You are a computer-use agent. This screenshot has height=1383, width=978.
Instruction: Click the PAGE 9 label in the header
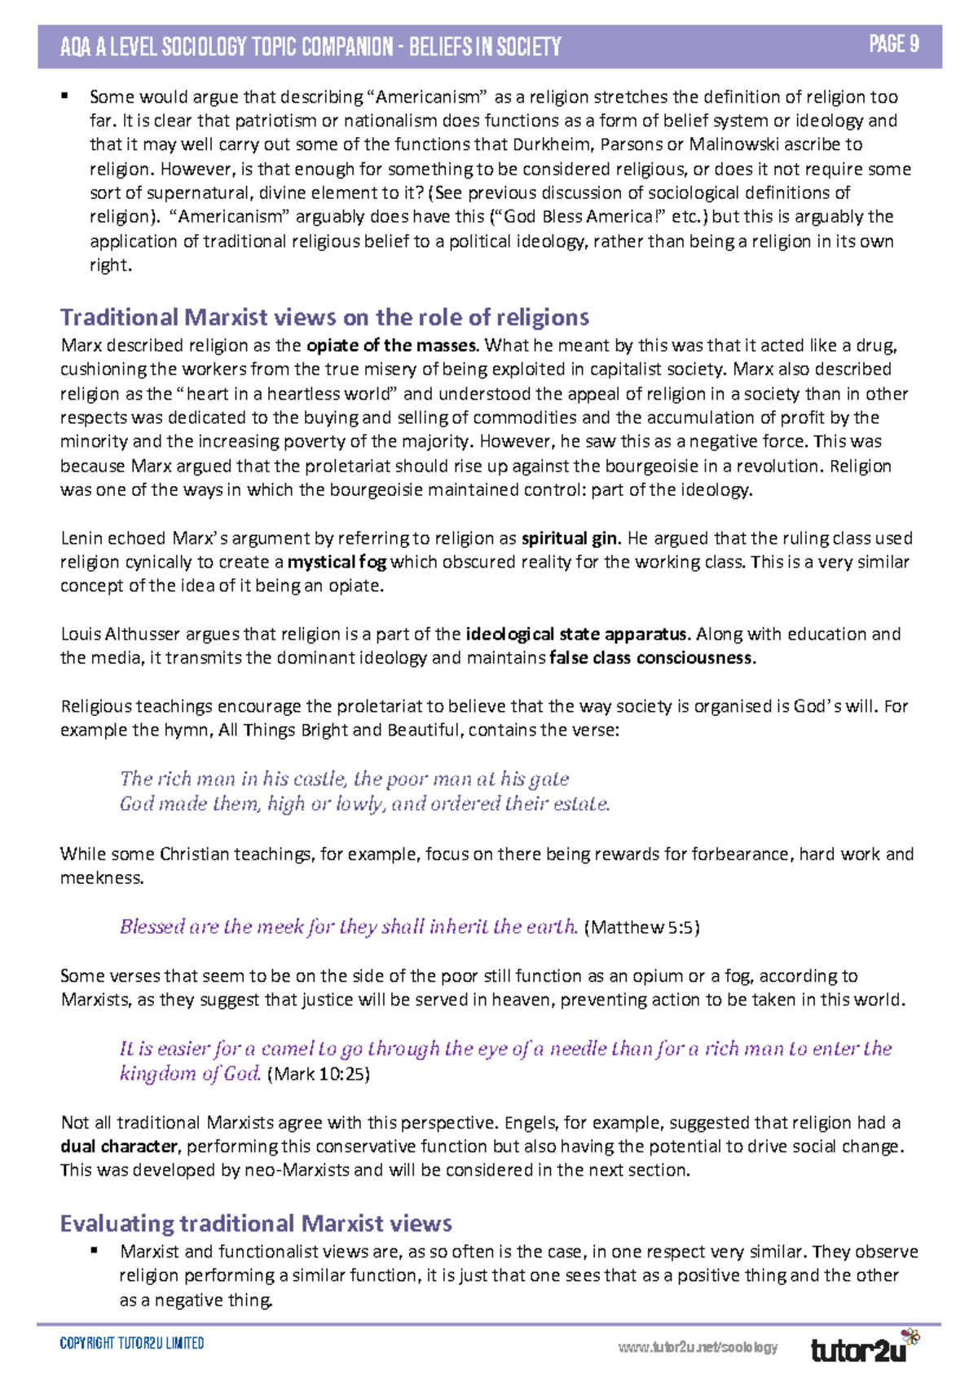pyautogui.click(x=894, y=44)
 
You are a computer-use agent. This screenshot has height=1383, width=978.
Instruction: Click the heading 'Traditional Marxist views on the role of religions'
pyautogui.click(x=324, y=317)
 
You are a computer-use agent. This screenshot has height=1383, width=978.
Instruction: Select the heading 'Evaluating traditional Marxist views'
pyautogui.click(x=256, y=1223)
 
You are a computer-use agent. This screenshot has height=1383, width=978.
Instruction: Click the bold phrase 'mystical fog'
pyautogui.click(x=337, y=562)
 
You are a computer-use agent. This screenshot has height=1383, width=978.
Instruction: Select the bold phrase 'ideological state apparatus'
pyautogui.click(x=578, y=634)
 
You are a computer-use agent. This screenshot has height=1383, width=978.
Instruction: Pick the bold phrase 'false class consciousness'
pyautogui.click(x=652, y=658)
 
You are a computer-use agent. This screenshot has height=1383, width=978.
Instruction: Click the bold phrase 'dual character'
pyautogui.click(x=119, y=1147)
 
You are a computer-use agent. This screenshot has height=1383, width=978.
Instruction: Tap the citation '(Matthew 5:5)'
pyautogui.click(x=642, y=927)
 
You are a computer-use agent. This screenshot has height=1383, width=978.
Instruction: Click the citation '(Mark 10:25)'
pyautogui.click(x=319, y=1074)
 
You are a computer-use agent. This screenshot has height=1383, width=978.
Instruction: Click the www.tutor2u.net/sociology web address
pyautogui.click(x=698, y=1347)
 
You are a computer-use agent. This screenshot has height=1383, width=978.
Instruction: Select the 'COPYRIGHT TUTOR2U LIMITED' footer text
pyautogui.click(x=132, y=1343)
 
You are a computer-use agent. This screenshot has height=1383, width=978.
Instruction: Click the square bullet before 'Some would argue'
pyautogui.click(x=64, y=95)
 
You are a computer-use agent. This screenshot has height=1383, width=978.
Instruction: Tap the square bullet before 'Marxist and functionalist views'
pyautogui.click(x=95, y=1249)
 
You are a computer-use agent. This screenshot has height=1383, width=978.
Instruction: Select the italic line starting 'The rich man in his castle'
pyautogui.click(x=344, y=779)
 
